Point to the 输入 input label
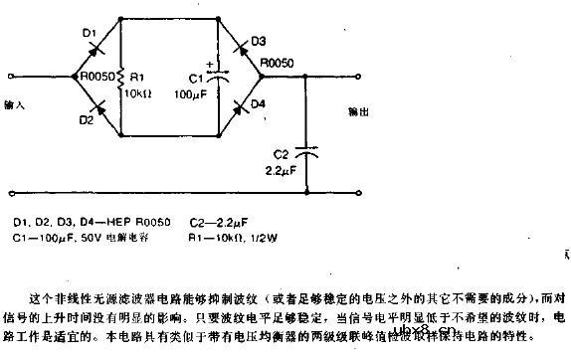(x=15, y=103)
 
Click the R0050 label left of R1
(x=95, y=75)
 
